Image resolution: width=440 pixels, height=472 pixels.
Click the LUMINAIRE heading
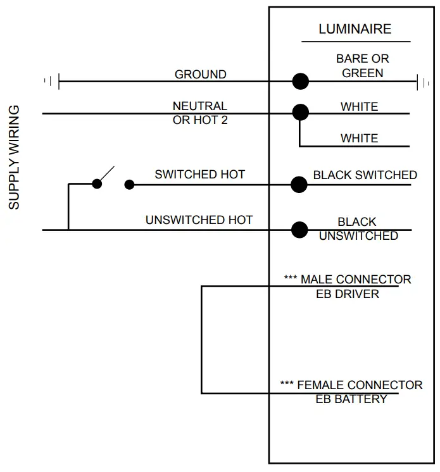tap(355, 29)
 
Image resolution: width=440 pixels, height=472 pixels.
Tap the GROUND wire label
tap(200, 74)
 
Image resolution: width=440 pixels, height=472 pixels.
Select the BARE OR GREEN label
tap(362, 66)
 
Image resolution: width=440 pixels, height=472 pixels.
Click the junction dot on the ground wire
tap(300, 81)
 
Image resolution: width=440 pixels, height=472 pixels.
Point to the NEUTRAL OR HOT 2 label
tap(199, 113)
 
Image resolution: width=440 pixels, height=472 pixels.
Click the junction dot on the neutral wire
tap(300, 113)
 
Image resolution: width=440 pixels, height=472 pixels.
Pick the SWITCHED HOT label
tap(199, 174)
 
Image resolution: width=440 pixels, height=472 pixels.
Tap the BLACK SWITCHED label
tap(365, 175)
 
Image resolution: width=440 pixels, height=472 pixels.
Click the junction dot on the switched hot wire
tap(299, 184)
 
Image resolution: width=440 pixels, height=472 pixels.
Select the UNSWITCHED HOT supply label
tap(199, 220)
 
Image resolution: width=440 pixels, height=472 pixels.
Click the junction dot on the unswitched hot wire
tap(299, 229)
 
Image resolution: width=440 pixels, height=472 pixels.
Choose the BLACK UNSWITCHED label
tap(358, 229)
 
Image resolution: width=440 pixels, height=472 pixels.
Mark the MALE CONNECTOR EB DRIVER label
tap(348, 286)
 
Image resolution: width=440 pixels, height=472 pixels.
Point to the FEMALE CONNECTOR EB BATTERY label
tap(351, 392)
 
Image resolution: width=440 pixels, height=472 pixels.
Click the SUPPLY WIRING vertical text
tap(15, 158)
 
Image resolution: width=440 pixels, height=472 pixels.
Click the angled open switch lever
tap(106, 175)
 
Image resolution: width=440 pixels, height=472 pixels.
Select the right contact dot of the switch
tap(129, 185)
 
